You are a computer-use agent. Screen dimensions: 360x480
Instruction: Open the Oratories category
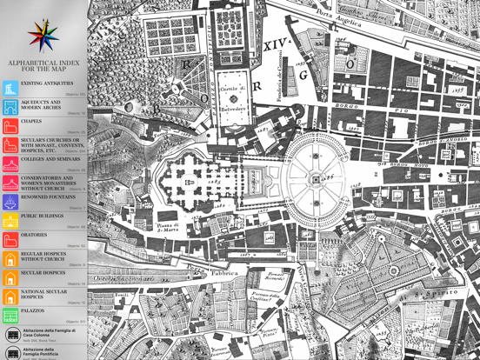[x=35, y=236]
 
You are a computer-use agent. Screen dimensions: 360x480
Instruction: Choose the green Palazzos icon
[x=10, y=314]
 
